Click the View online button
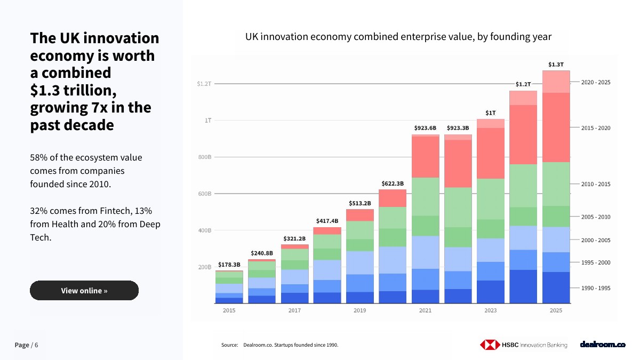click(84, 290)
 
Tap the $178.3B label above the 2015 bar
click(229, 265)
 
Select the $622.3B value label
click(393, 183)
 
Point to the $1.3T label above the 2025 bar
click(556, 65)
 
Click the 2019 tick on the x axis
click(359, 310)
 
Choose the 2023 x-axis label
click(491, 310)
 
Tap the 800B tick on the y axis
click(205, 157)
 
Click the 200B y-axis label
click(205, 267)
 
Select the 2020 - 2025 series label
click(596, 82)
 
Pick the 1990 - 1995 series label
click(596, 288)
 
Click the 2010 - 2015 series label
click(596, 184)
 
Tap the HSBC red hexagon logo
click(490, 345)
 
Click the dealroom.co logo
click(603, 345)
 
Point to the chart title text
click(398, 37)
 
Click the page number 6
click(36, 345)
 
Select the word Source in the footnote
click(229, 345)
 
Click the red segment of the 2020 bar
click(393, 198)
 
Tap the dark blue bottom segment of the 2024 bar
click(523, 286)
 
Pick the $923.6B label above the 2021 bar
click(425, 127)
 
